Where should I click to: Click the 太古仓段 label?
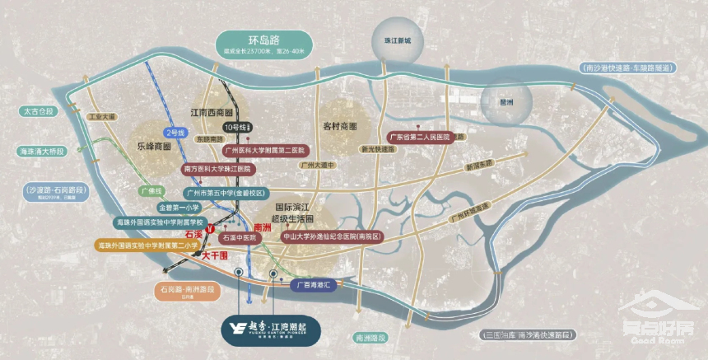(37, 110)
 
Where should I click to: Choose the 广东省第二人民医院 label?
(420, 137)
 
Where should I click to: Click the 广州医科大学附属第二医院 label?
(263, 151)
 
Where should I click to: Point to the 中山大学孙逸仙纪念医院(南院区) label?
(333, 236)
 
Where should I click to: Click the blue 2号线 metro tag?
(176, 132)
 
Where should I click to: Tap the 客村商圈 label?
(340, 127)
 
